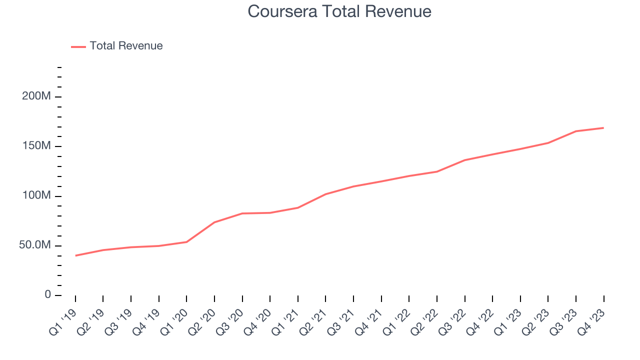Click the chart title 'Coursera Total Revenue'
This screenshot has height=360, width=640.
[x=339, y=11]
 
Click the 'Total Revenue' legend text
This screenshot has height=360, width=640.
[x=126, y=46]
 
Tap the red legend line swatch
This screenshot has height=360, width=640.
[x=78, y=46]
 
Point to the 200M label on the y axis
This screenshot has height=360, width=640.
[x=36, y=96]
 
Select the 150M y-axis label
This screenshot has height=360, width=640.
[x=36, y=146]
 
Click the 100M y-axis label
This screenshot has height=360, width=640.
[x=36, y=195]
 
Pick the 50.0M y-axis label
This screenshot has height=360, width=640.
[x=35, y=245]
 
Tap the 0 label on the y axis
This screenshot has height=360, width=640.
[x=47, y=295]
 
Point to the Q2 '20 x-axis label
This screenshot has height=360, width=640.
[x=203, y=320]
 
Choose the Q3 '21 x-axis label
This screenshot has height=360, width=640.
[x=342, y=320]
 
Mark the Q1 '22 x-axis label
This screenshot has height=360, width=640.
[x=397, y=320]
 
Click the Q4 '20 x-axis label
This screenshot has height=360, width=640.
[x=258, y=320]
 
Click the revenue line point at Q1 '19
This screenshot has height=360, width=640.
[x=75, y=255]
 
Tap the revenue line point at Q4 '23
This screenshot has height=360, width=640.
[x=603, y=128]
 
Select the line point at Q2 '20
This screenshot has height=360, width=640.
[x=214, y=222]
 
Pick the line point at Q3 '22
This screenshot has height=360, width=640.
[x=464, y=160]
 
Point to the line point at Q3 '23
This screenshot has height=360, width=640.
[x=576, y=131]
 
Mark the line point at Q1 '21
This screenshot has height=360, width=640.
[x=298, y=207]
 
